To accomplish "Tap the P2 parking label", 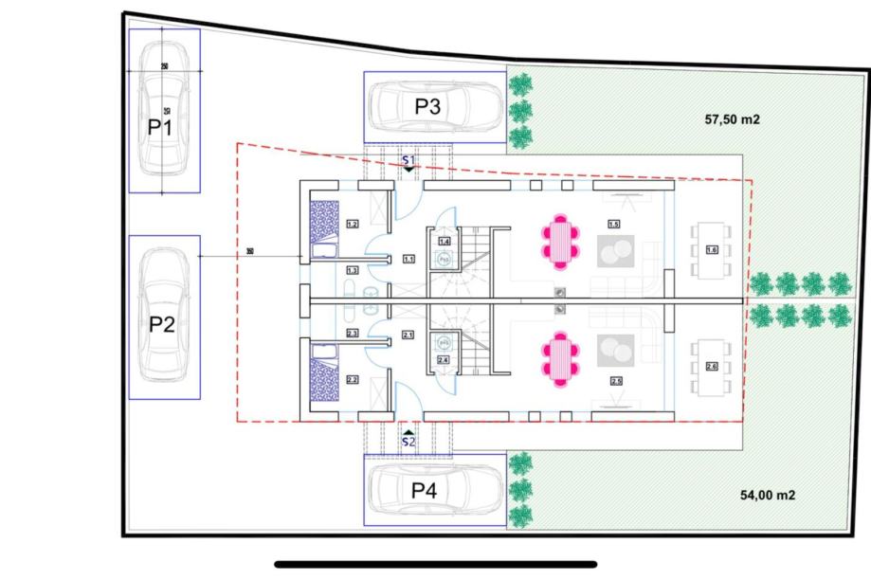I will (x=163, y=324).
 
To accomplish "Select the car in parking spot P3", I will (x=435, y=105).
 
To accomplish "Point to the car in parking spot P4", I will (x=435, y=490).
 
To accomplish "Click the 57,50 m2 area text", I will (x=732, y=119).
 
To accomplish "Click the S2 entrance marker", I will (x=408, y=439).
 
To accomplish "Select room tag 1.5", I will (x=613, y=225).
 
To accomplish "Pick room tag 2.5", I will (x=616, y=381).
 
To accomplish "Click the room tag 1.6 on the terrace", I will (x=712, y=249).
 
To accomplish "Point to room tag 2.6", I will (x=712, y=367).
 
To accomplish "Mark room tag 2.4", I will (x=443, y=360).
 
